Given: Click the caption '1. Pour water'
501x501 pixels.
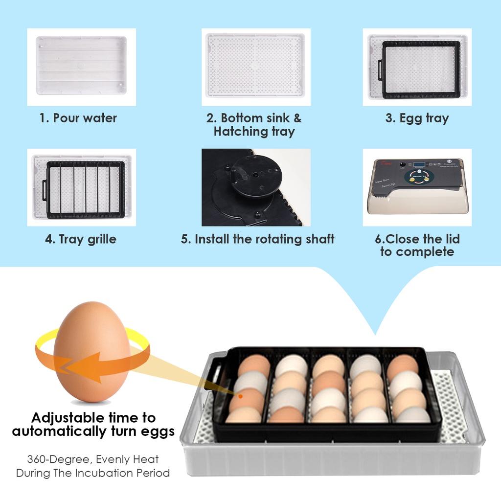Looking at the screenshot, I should pos(78,118).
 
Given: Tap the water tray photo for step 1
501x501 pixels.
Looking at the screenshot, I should pos(81,66).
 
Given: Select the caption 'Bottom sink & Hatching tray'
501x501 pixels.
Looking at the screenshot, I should pos(254,125).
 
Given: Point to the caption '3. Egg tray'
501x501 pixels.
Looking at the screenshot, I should pos(417,118).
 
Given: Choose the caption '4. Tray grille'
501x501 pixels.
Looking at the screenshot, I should pos(81,239).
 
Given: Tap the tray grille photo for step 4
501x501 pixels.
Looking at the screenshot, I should pos(82,187).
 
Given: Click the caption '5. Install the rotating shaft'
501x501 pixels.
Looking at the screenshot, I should pos(257,239).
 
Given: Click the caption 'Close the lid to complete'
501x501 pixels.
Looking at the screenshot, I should pos(417,246).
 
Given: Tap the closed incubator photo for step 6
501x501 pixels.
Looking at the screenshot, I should pos(417,187).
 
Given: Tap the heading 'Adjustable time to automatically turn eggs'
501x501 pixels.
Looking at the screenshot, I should pos(93,425).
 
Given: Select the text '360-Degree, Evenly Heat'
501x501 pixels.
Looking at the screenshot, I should pos(93,459).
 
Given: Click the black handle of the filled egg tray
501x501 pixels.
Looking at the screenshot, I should pos(214,376).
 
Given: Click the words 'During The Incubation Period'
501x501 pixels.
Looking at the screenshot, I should pos(93,473).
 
